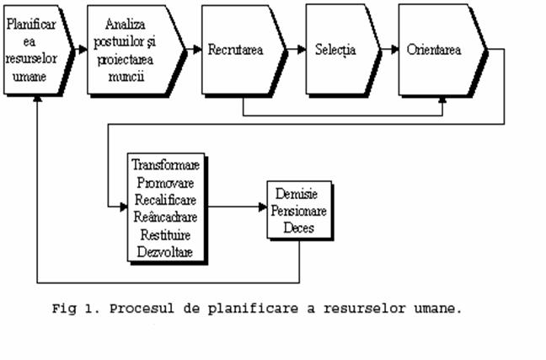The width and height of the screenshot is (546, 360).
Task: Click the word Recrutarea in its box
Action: (x=236, y=50)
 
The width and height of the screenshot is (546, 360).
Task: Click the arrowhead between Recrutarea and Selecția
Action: (x=301, y=50)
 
